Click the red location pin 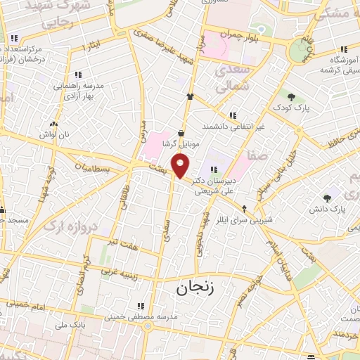click(181, 167)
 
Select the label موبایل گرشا click(181, 143)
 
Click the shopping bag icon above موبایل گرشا click(181, 133)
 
